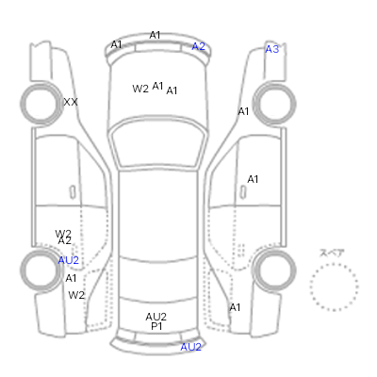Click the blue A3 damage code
(272, 49)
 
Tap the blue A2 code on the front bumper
(199, 46)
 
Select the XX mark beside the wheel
(71, 102)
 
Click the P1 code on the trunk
(156, 326)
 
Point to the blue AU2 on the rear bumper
(190, 347)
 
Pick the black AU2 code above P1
(156, 317)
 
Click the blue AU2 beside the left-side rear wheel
(69, 260)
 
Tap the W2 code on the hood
(140, 89)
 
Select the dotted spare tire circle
(334, 287)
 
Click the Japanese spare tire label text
(332, 253)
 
